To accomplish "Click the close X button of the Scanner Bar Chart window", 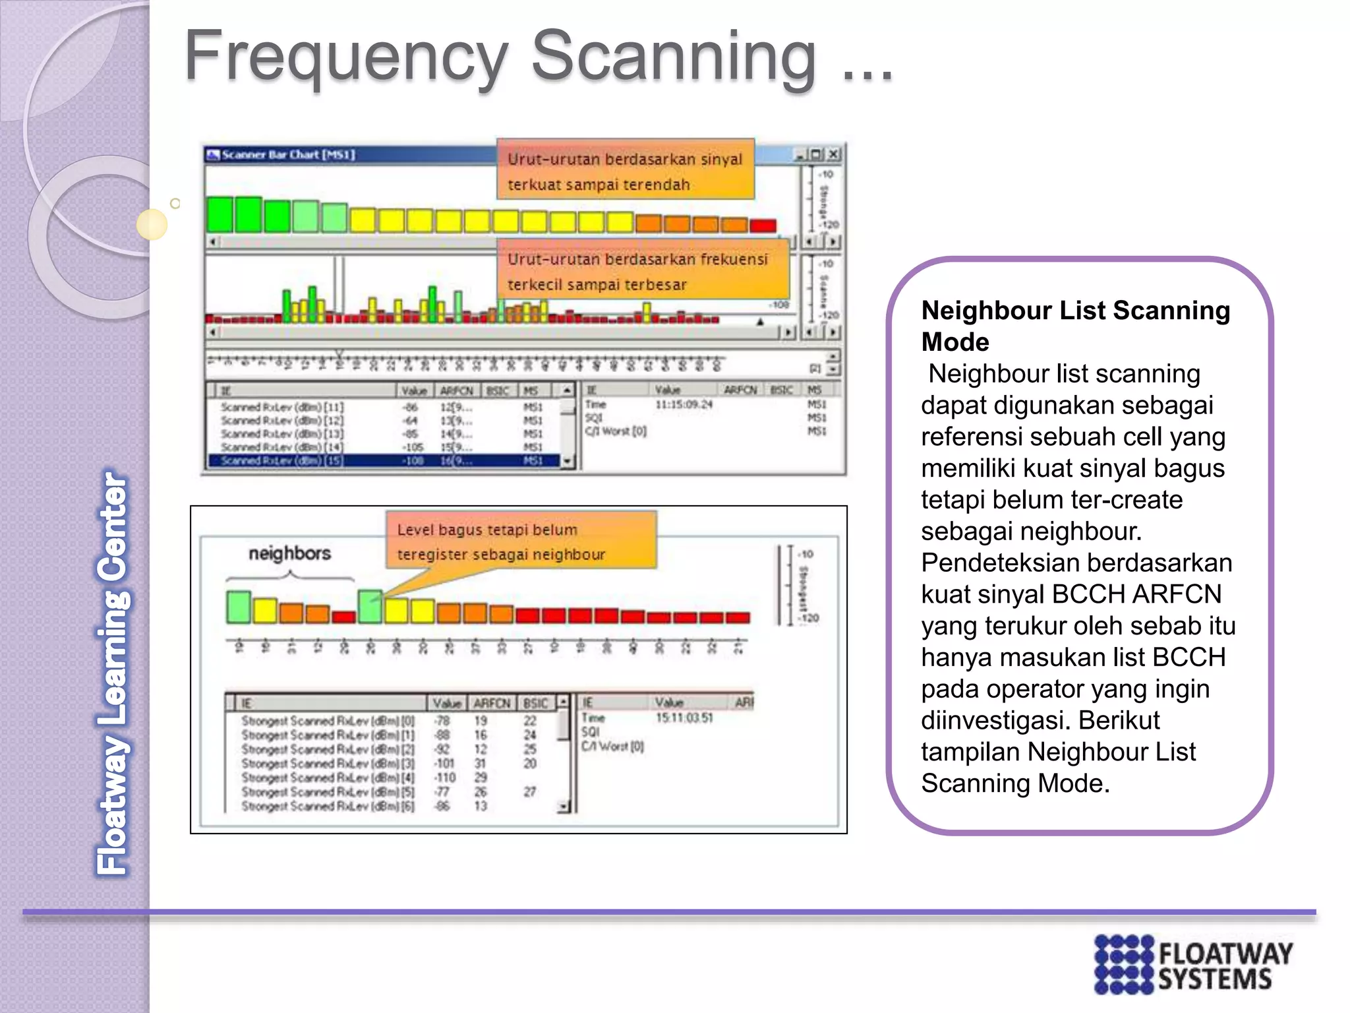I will [x=833, y=154].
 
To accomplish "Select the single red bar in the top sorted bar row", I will [x=763, y=226].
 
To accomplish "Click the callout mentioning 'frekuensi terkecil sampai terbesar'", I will [x=643, y=271].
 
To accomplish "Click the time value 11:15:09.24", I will [x=683, y=404].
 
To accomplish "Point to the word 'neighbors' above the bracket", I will [x=289, y=553].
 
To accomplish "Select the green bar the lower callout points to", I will [x=370, y=606].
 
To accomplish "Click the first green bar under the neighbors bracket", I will [x=238, y=607].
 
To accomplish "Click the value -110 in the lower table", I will [x=444, y=778].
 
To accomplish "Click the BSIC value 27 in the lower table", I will [x=529, y=791].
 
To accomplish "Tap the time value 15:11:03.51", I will [x=684, y=718].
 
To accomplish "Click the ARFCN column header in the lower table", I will [x=492, y=703].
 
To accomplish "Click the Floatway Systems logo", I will [x=1193, y=964].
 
